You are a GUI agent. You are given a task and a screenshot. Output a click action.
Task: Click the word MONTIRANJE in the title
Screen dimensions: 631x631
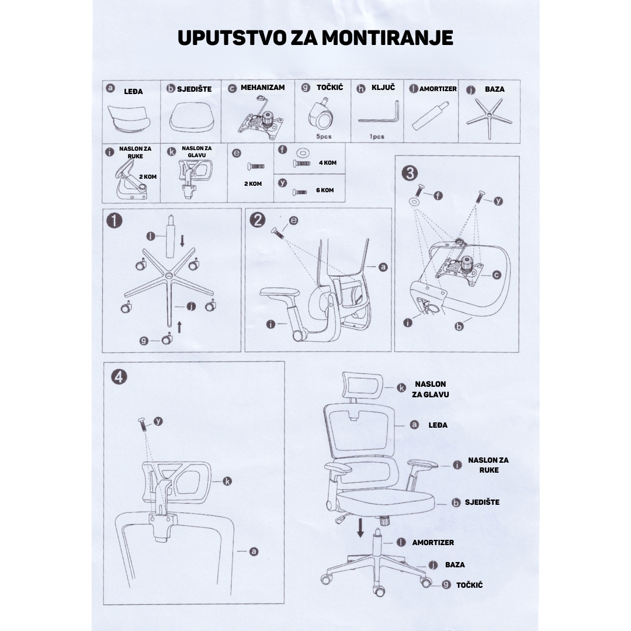pos(387,38)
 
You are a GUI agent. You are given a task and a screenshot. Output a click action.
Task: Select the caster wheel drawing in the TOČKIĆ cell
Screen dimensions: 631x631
pos(320,115)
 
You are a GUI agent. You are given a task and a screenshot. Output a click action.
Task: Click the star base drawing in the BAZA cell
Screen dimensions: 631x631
pos(489,118)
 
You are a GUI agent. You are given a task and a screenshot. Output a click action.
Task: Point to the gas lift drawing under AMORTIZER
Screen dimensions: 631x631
pos(430,116)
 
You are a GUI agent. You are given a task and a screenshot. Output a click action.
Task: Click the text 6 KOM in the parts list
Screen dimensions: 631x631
pos(325,190)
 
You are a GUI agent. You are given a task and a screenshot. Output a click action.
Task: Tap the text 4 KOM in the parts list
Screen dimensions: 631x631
pos(328,163)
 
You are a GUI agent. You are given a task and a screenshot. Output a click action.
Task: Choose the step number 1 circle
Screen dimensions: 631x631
pos(115,220)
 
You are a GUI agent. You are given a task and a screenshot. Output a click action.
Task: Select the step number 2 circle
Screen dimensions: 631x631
pos(258,220)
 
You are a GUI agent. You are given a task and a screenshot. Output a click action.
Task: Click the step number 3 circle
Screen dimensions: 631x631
pos(410,173)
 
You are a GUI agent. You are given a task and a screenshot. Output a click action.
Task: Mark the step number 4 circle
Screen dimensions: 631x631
pos(119,377)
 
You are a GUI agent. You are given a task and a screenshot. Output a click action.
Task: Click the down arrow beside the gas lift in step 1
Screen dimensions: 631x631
pos(182,241)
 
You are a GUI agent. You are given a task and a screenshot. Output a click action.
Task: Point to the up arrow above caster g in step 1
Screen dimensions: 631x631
pos(179,327)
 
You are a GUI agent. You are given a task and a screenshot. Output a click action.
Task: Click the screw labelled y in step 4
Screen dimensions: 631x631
pos(143,424)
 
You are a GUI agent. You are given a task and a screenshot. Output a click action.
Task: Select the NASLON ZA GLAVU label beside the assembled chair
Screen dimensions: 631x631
pos(430,389)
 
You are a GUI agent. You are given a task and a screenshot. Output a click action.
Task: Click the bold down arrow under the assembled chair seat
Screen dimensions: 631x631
pos(360,528)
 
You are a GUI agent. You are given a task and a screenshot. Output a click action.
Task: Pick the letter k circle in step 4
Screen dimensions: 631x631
pos(227,481)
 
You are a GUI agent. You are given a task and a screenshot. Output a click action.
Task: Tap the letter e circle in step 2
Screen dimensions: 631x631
pos(293,220)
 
